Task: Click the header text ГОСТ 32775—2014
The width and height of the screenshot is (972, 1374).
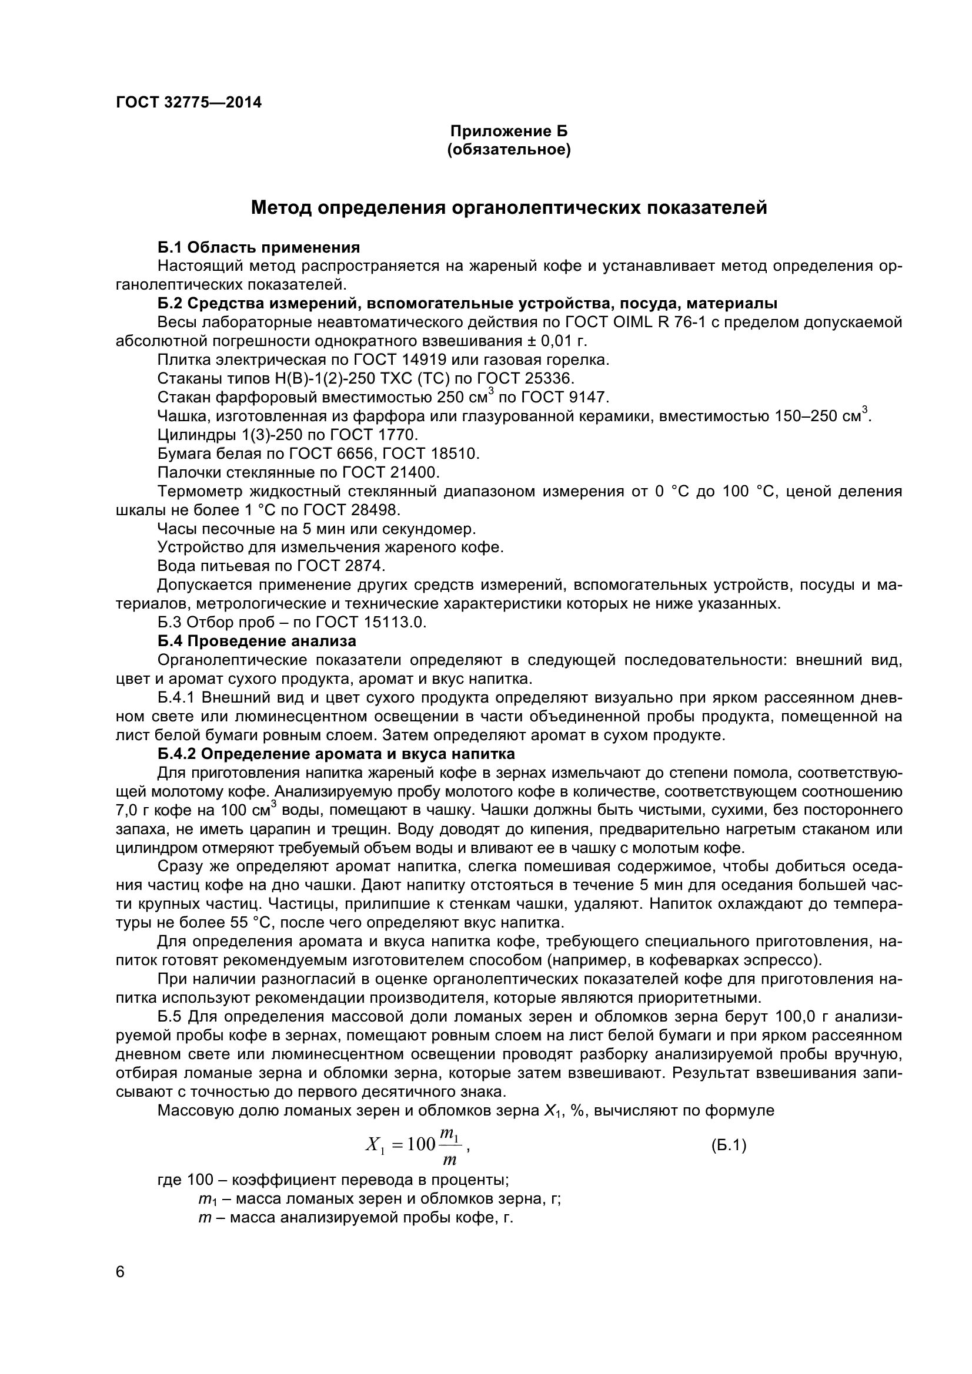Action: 189,103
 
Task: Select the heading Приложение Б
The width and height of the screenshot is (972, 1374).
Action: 509,131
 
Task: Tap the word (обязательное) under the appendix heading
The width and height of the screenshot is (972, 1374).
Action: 509,150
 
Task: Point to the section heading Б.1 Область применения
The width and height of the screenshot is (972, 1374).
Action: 259,247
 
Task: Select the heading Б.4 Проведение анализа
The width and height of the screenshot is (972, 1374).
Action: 257,641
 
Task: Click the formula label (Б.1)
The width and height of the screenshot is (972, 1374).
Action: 728,1146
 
